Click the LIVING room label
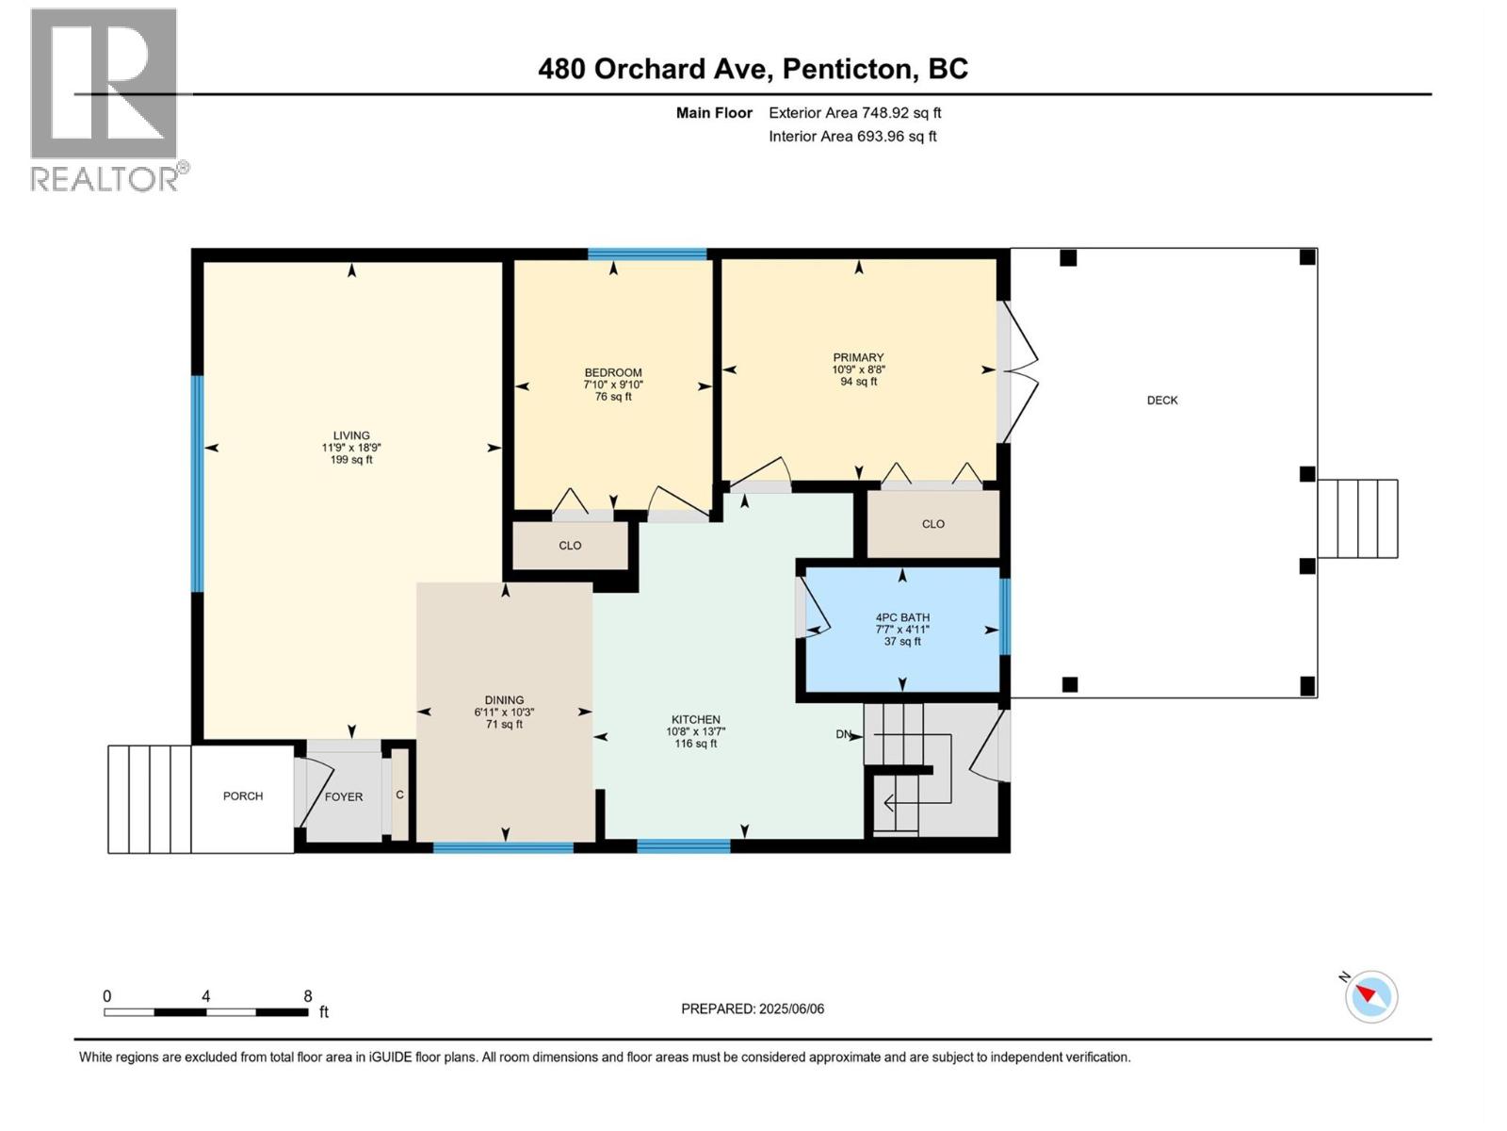click(x=351, y=435)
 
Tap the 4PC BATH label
click(x=902, y=617)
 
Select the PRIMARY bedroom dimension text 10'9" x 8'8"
click(x=858, y=369)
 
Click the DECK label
click(x=1162, y=400)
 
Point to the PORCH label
click(x=243, y=795)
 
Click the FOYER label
click(x=344, y=796)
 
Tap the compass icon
click(x=1371, y=996)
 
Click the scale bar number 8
click(x=308, y=995)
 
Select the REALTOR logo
click(x=105, y=99)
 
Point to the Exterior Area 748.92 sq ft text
click(x=854, y=112)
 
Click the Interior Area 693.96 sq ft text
click(x=852, y=136)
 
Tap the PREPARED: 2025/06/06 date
click(x=753, y=1008)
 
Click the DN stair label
click(x=844, y=734)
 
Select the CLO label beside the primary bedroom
click(x=933, y=524)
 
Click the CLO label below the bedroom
click(x=570, y=545)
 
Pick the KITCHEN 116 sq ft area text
click(x=695, y=744)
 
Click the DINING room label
click(x=505, y=700)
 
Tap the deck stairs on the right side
click(x=1357, y=518)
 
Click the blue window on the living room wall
click(x=198, y=484)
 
